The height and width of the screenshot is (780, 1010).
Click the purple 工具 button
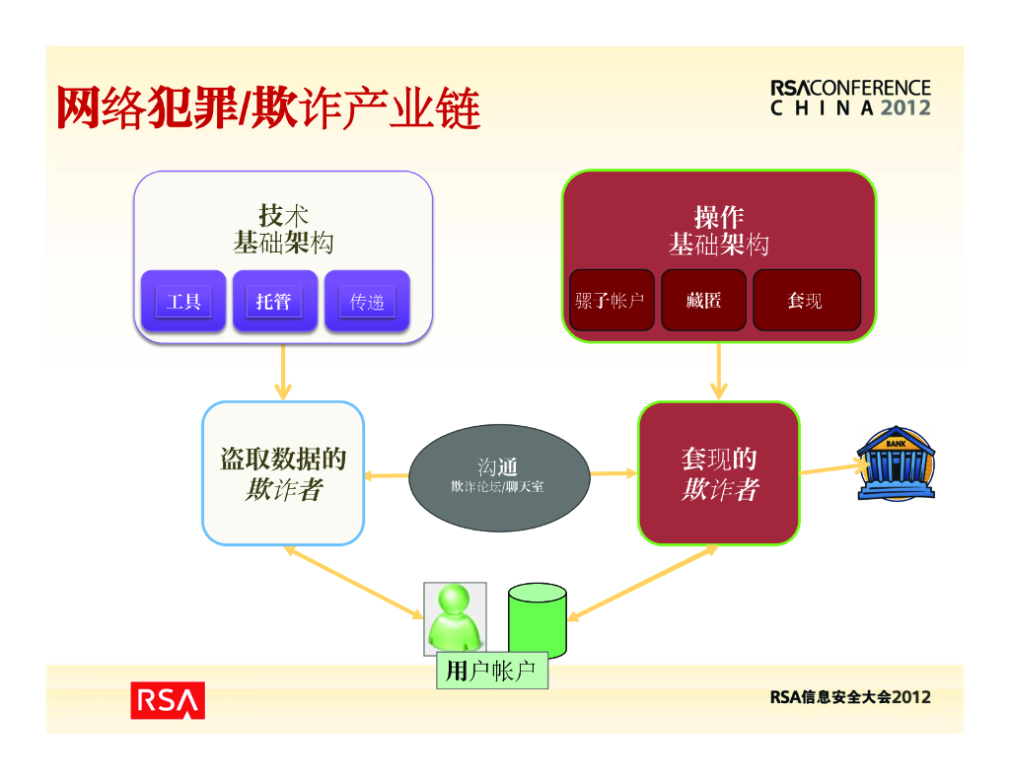(x=183, y=301)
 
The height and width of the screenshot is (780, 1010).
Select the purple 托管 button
(x=273, y=301)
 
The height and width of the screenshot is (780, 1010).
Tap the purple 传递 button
(x=367, y=301)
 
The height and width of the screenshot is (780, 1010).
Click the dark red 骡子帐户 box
(x=611, y=300)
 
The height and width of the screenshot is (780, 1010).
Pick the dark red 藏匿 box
(x=703, y=300)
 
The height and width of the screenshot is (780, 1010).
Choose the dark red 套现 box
(x=806, y=300)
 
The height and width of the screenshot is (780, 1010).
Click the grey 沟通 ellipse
(x=498, y=475)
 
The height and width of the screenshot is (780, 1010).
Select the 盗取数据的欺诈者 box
(x=283, y=473)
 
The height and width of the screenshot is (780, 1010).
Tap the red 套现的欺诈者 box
(x=718, y=473)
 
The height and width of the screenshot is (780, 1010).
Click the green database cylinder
(x=538, y=621)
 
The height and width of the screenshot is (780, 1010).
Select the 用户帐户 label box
(x=491, y=672)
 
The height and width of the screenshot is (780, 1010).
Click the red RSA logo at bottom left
(x=168, y=699)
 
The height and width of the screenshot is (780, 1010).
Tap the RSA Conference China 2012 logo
(x=850, y=98)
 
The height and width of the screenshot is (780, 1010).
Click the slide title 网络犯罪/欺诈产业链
(x=268, y=108)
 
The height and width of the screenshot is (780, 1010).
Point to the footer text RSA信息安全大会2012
(x=850, y=697)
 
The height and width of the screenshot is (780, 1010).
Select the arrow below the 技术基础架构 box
(x=283, y=372)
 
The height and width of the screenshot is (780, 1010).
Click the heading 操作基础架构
(x=718, y=230)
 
